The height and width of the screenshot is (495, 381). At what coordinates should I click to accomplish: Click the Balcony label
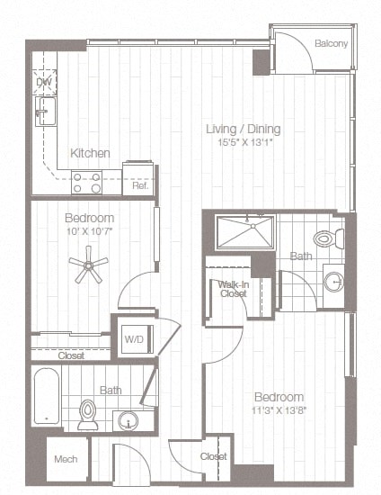click(332, 44)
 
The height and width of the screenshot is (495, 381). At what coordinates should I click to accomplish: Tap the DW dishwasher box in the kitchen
click(44, 84)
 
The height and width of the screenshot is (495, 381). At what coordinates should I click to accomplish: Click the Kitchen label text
click(90, 153)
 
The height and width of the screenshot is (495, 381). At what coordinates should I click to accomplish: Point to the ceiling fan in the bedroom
click(90, 265)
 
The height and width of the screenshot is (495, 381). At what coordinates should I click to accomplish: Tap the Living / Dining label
click(237, 129)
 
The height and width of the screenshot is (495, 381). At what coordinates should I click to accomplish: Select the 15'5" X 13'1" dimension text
click(237, 141)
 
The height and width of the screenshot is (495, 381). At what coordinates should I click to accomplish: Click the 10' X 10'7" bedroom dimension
click(90, 231)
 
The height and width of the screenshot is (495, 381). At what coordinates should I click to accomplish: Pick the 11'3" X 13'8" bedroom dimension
click(277, 409)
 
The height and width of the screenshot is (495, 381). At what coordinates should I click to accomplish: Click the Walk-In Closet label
click(233, 288)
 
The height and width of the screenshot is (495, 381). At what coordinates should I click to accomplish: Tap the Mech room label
click(66, 459)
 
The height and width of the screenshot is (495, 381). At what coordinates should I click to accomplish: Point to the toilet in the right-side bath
click(328, 239)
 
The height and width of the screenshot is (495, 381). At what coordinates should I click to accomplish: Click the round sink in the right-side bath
click(332, 282)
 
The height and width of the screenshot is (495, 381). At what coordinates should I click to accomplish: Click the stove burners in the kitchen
click(87, 183)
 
